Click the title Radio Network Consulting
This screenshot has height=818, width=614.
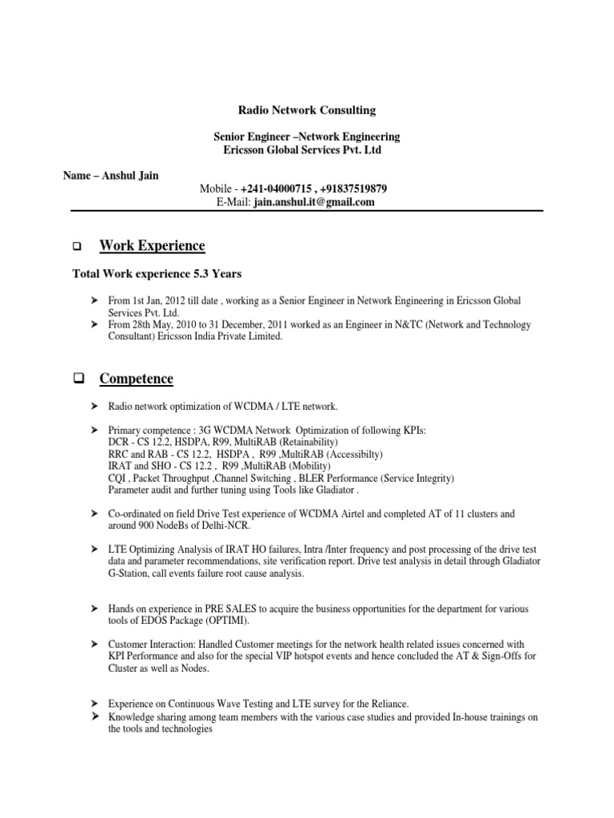pos(307,109)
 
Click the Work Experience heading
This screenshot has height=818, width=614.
pos(152,246)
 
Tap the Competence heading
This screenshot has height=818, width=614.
pos(136,378)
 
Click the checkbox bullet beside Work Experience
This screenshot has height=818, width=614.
pos(78,247)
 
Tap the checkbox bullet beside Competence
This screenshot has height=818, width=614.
pos(78,379)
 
